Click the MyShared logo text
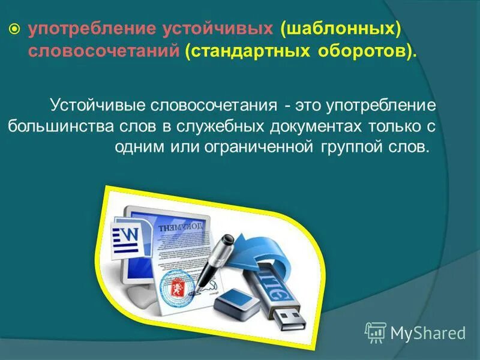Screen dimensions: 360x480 click(427, 332)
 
